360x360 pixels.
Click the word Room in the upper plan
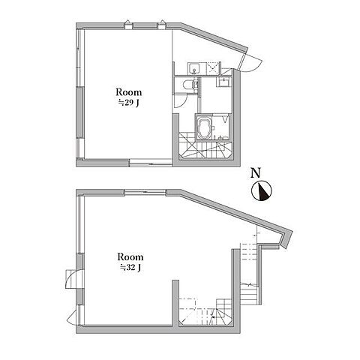tap(129, 92)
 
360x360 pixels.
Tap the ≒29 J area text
tap(128, 103)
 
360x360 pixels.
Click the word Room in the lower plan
tap(130, 257)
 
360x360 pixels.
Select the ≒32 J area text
tap(130, 268)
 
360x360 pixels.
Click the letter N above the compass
tap(256, 173)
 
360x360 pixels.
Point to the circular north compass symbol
tap(262, 190)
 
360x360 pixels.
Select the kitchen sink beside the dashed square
tap(193, 68)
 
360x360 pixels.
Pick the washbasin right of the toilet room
tap(224, 82)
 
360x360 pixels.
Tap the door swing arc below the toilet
tap(180, 100)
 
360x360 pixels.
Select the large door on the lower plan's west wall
tap(73, 279)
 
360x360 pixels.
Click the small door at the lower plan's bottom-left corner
tap(73, 317)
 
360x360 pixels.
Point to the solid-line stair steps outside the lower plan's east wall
tap(248, 293)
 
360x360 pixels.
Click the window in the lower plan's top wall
tap(145, 192)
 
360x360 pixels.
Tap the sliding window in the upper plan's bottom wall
tap(151, 163)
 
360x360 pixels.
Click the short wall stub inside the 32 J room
tap(175, 303)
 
